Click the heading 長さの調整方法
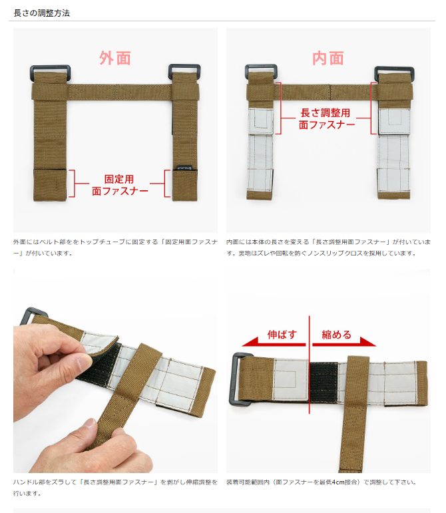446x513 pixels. [41, 13]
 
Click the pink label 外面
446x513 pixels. [115, 59]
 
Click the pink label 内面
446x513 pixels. [328, 59]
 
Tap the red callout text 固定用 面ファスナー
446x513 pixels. [120, 185]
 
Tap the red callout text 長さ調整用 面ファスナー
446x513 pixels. [326, 118]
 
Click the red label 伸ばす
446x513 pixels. [282, 335]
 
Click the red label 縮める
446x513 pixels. [336, 335]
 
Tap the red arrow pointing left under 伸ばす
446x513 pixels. [274, 342]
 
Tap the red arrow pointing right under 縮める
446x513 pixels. [344, 342]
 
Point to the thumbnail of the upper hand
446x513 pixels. [83, 363]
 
